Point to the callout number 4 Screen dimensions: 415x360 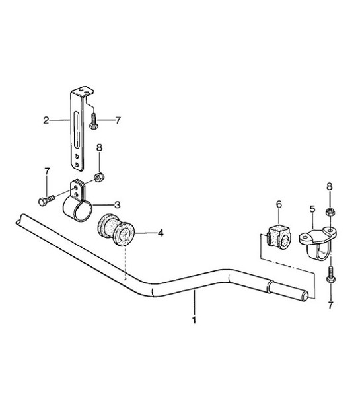click(161, 233)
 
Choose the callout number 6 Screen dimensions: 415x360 click(278, 205)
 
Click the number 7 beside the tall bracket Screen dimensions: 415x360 click(118, 120)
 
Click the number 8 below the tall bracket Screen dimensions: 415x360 click(99, 147)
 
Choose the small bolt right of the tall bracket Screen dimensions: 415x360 click(96, 120)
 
